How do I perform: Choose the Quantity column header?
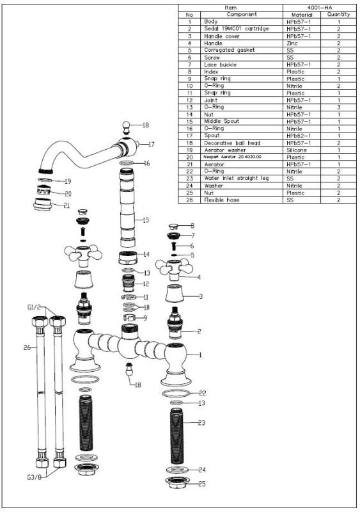point(338,14)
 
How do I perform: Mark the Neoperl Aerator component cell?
point(233,157)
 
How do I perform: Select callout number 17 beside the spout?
point(151,145)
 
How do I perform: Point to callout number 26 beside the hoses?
point(26,348)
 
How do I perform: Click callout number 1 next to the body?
point(200,354)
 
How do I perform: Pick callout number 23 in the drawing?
point(201,424)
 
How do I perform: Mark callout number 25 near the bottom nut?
point(201,484)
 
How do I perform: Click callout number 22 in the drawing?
point(201,392)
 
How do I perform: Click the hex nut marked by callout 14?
point(129,260)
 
